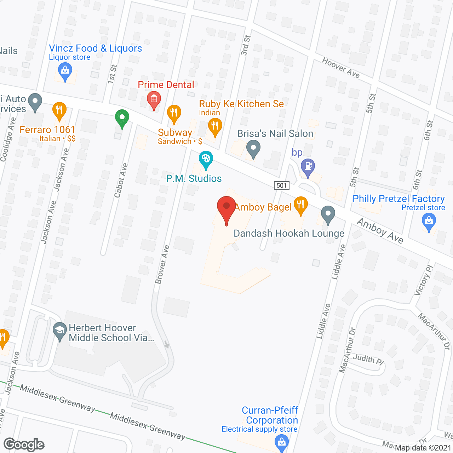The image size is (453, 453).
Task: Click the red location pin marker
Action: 226,207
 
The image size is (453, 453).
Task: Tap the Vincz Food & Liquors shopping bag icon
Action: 65,71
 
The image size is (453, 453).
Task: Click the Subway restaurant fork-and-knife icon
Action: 174,113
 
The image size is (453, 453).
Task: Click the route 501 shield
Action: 282,185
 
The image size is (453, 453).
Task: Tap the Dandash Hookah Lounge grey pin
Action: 328,214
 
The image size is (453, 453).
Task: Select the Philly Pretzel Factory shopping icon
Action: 429,222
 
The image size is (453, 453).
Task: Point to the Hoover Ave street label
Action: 341,68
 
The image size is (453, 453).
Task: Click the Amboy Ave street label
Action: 380,231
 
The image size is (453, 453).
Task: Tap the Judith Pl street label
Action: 368,359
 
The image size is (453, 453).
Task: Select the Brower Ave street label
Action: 162,264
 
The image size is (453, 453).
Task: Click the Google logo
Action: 24,445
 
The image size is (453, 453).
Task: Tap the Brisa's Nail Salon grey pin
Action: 253,149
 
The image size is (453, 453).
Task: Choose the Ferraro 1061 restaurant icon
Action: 59,110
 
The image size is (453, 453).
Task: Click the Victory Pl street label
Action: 424,280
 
